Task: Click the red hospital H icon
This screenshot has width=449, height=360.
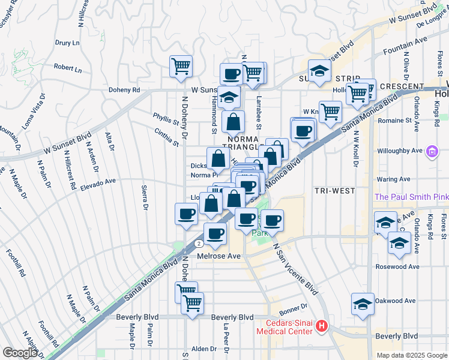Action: point(322,326)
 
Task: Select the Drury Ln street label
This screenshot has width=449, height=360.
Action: point(67,43)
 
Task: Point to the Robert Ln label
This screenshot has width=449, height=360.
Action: point(68,68)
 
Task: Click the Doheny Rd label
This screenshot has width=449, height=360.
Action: point(124,90)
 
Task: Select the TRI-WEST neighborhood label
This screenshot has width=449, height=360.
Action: point(334,190)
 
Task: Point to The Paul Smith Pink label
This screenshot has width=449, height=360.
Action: point(411,197)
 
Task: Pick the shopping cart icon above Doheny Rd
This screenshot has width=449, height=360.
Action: point(181,67)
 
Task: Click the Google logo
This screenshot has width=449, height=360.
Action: point(20,353)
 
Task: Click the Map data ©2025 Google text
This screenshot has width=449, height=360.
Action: point(411,355)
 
